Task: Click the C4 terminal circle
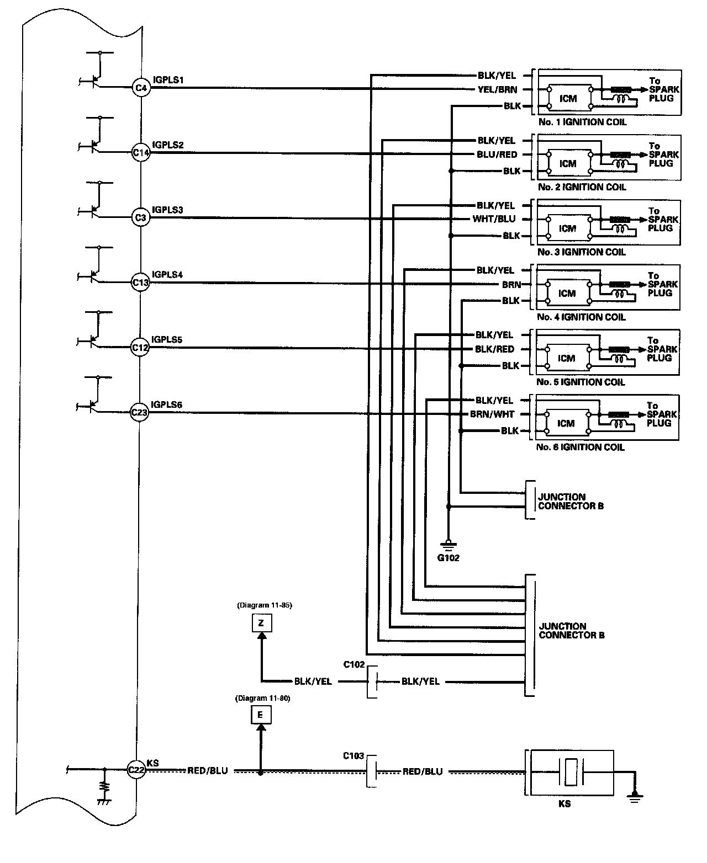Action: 141,88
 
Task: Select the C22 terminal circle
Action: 136,770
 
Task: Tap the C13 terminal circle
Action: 140,283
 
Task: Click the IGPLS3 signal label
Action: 167,210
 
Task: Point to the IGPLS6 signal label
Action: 166,404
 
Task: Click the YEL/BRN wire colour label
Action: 497,89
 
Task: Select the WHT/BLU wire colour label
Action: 494,219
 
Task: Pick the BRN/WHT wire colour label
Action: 492,414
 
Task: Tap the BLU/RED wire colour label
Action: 497,155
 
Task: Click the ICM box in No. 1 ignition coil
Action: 569,98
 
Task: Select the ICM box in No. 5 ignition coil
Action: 567,358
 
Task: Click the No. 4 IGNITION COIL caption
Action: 581,317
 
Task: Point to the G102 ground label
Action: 449,558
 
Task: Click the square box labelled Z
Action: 262,623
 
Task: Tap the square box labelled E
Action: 261,715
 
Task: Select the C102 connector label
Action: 354,664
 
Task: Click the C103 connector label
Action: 353,756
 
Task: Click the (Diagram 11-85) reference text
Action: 265,605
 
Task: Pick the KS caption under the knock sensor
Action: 564,804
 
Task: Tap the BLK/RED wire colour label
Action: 494,349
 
